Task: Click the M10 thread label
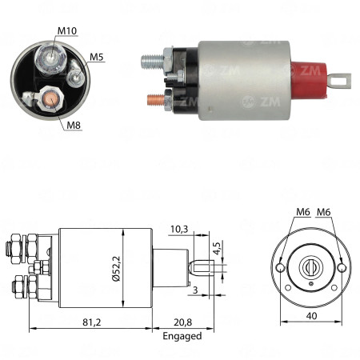68,33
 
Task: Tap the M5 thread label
96,57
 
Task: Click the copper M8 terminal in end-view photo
48,100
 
